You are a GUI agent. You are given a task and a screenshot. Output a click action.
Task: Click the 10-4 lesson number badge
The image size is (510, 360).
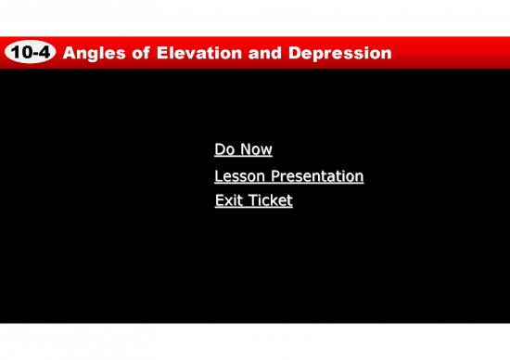(30, 54)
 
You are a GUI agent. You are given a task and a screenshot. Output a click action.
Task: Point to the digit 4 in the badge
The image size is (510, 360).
(44, 54)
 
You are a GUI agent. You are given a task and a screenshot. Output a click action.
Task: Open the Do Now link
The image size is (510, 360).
(243, 149)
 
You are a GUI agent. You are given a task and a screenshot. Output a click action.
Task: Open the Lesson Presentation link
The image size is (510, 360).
(288, 176)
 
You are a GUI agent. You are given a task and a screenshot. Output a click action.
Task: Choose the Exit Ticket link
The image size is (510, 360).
(253, 199)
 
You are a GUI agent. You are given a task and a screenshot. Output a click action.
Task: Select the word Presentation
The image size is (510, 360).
(315, 176)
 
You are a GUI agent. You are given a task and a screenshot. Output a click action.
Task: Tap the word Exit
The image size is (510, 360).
(228, 199)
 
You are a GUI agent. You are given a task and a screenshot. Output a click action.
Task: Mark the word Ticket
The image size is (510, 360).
(270, 199)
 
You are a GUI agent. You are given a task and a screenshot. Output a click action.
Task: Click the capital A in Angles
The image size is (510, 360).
(68, 54)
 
